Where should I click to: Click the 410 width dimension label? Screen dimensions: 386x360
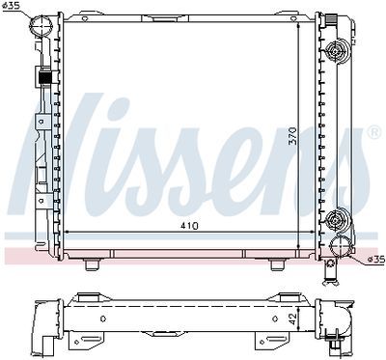[x=189, y=226]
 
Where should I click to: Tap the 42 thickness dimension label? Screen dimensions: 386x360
[x=292, y=318]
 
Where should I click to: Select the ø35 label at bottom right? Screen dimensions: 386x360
[x=375, y=259]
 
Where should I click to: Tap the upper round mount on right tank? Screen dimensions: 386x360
[x=335, y=51]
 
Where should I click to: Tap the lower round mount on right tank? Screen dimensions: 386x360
[x=335, y=221]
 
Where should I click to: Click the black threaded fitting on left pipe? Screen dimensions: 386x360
[x=45, y=77]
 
